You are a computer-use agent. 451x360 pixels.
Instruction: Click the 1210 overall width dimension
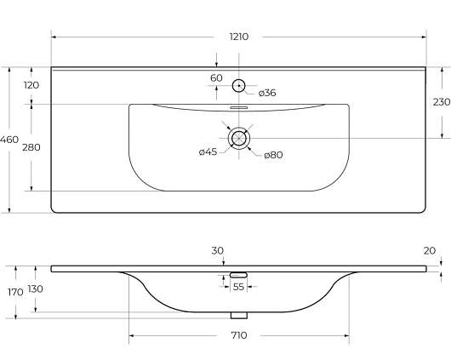(x=239, y=37)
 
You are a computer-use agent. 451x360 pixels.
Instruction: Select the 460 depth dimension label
(x=9, y=140)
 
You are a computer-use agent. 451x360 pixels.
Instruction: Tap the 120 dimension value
(x=31, y=85)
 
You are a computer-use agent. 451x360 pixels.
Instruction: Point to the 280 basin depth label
(x=31, y=147)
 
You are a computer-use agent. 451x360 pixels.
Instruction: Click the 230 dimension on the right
(x=442, y=102)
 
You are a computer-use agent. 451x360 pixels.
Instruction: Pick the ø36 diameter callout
(x=267, y=93)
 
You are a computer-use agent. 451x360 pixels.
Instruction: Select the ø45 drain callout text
(x=208, y=151)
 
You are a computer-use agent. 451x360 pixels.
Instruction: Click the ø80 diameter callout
(x=273, y=155)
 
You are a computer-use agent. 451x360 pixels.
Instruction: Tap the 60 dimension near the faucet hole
(x=216, y=78)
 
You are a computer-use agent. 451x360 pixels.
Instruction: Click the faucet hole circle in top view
(x=238, y=80)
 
